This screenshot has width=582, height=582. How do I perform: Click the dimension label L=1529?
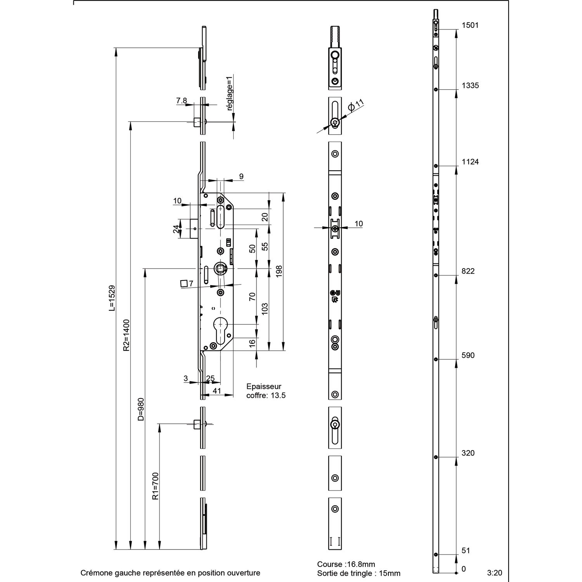click(x=112, y=298)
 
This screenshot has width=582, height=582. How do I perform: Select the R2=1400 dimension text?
click(x=126, y=335)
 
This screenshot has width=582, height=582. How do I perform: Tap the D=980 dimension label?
click(x=141, y=409)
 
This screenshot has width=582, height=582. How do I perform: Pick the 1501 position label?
click(x=470, y=25)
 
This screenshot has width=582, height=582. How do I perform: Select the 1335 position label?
click(x=470, y=86)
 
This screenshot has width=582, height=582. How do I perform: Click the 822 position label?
click(x=468, y=271)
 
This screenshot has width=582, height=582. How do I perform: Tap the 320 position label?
click(x=468, y=453)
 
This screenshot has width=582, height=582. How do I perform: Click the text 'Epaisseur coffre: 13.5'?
click(x=266, y=391)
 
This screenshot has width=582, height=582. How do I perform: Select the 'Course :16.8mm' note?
click(x=346, y=565)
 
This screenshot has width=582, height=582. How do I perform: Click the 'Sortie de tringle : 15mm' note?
click(x=359, y=573)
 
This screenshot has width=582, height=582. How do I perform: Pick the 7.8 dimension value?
click(x=182, y=100)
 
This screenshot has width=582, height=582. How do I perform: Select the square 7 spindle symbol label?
click(x=187, y=284)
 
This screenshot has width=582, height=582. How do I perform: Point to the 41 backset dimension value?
click(x=217, y=391)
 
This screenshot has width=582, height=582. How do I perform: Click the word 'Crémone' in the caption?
click(x=94, y=573)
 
